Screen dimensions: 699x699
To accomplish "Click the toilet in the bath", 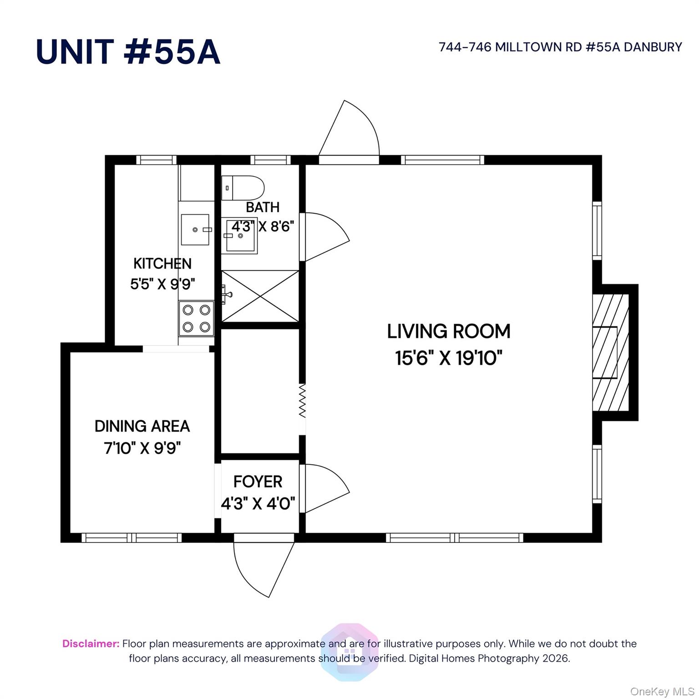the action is pos(243,188).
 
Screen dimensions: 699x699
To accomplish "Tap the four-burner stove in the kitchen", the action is pos(196,319).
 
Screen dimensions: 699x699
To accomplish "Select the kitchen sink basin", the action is pos(195,230).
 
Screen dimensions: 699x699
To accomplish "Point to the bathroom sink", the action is pos(239,236).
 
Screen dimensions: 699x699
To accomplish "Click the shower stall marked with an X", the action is pos(260,296).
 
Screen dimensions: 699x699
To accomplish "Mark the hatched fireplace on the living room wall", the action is pos(611,353).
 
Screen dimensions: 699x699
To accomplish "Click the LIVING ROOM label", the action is pos(449,331).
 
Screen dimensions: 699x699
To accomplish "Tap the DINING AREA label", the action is pos(142,426).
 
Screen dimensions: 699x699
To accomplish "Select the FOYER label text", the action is pos(258,481).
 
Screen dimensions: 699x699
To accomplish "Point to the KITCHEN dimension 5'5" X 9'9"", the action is pos(162,284).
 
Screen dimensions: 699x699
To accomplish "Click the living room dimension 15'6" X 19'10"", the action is pos(449,358).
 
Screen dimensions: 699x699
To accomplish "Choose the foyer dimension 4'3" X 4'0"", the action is pos(258,504).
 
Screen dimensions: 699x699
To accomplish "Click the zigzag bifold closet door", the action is pos(302,401).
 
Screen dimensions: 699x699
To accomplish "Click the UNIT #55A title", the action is pos(128,51).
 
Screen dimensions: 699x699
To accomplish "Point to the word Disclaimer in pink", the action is pos(91,643).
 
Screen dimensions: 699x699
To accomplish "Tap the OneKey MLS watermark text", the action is pos(662,692).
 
